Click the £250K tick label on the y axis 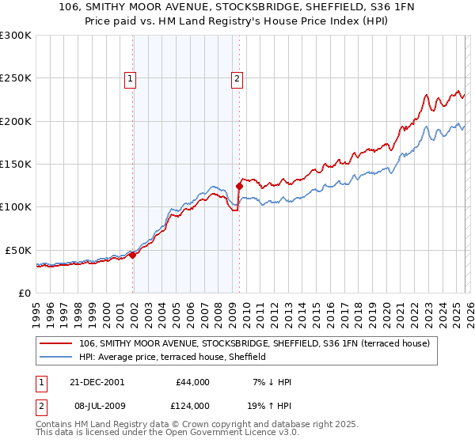[16, 78]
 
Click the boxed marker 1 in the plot [129, 78]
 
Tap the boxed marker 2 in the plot [237, 78]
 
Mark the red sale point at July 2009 [239, 187]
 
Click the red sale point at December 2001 [133, 255]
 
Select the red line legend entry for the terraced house [253, 343]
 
